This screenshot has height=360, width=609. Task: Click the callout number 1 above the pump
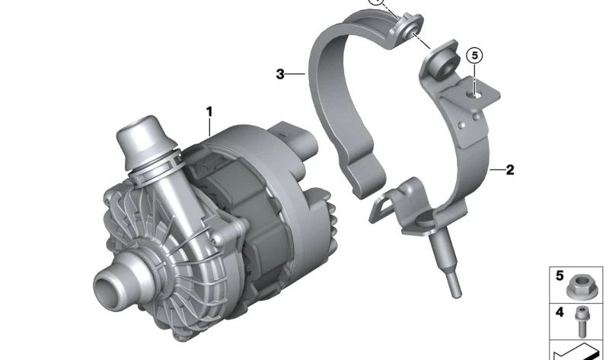pos(209,112)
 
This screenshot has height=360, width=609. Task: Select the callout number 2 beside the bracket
pos(510,170)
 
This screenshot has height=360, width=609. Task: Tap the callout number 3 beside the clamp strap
pos(280,74)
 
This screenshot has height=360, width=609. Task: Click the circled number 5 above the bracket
pos(474,56)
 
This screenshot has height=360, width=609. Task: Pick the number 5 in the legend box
pos(560,276)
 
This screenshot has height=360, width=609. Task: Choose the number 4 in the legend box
pos(560,312)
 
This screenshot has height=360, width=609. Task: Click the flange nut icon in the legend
pos(578,287)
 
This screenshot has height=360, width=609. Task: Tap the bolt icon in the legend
pos(581,321)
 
